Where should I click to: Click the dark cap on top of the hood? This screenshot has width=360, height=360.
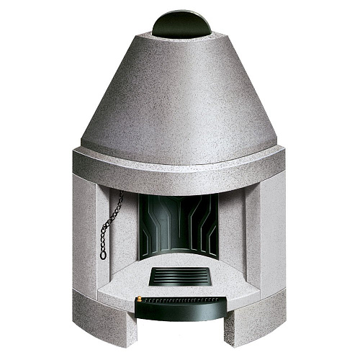181,24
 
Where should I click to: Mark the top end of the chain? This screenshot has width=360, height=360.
120,194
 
